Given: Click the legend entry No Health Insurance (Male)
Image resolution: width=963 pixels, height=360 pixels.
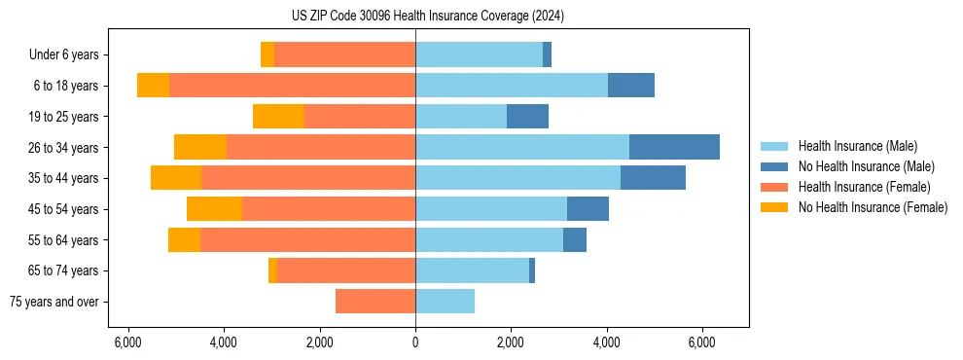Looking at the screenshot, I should [x=866, y=166].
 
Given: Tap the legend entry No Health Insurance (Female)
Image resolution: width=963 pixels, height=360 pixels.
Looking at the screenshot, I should [x=873, y=207].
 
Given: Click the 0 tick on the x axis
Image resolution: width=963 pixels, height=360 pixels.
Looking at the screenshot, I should [x=415, y=342].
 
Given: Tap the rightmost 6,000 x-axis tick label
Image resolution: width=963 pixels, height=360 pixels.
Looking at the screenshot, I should [x=701, y=342].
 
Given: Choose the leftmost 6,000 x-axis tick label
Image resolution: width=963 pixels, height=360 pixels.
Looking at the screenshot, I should [x=128, y=342].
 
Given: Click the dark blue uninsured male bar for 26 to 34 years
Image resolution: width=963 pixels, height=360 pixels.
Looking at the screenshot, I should [x=674, y=147].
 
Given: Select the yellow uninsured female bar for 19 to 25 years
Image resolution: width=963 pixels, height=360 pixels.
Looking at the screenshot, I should [x=278, y=117].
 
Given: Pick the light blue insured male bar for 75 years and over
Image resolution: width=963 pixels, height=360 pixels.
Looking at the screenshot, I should [x=445, y=302].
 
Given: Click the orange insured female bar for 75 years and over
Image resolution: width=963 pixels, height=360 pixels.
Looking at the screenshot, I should [x=375, y=302].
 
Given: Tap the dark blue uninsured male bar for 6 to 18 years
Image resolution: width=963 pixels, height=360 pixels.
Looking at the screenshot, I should [x=631, y=86].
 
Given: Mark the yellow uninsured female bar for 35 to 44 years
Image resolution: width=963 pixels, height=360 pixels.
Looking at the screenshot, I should [x=176, y=178].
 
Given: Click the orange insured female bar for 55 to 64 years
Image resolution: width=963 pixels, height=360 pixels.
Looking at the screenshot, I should [x=307, y=239].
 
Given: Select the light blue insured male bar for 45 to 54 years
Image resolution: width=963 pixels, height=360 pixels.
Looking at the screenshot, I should [x=491, y=209].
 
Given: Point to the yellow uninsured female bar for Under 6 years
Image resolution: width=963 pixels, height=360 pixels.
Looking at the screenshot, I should [x=267, y=55].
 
